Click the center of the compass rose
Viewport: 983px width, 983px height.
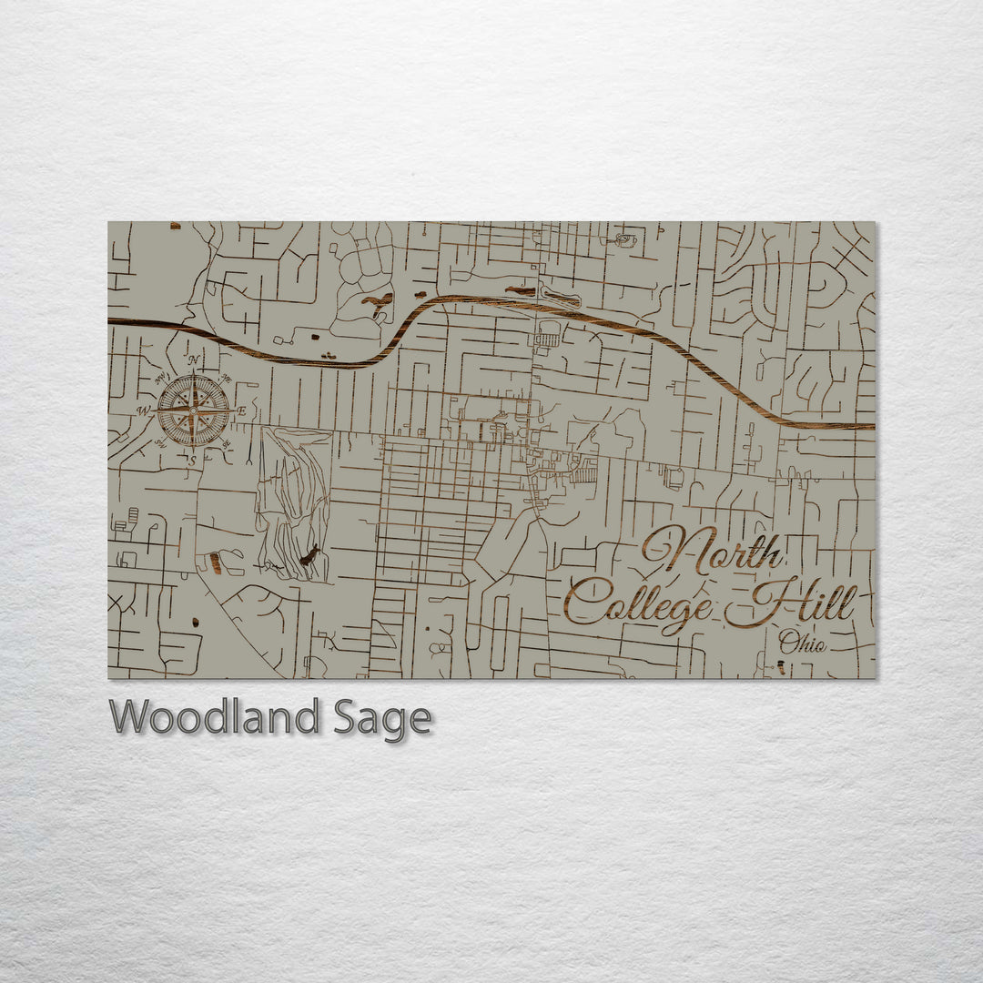pyautogui.click(x=193, y=412)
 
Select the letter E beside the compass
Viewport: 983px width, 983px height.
pyautogui.click(x=242, y=412)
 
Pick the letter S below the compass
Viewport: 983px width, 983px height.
pyautogui.click(x=192, y=461)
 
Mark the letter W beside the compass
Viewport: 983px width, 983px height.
pyautogui.click(x=143, y=411)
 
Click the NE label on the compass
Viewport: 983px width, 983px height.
pyautogui.click(x=226, y=379)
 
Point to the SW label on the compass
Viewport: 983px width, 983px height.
pyautogui.click(x=160, y=444)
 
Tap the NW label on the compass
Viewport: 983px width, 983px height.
pyautogui.click(x=161, y=379)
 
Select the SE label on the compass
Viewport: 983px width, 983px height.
pyautogui.click(x=226, y=444)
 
